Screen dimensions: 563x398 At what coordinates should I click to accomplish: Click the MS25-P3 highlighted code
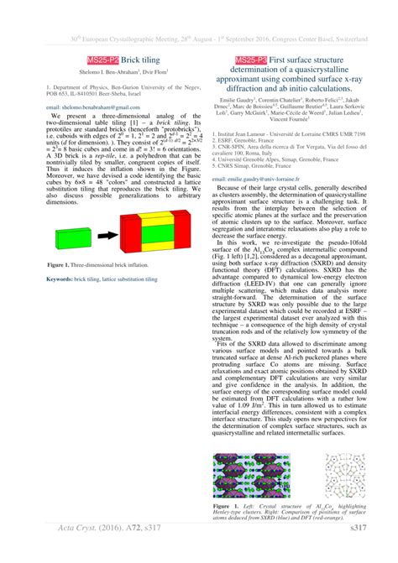tap(251, 61)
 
